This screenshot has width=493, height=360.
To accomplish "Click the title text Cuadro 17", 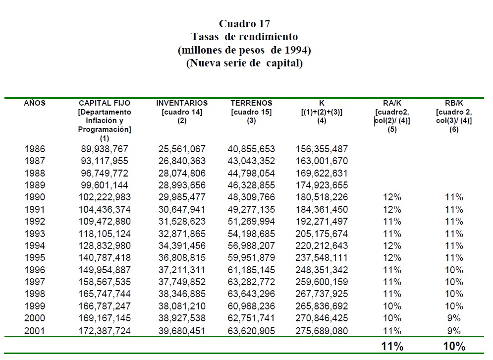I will [x=244, y=24].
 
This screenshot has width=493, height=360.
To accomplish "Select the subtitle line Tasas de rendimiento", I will [x=244, y=37].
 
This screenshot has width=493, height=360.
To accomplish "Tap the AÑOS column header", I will [x=35, y=103].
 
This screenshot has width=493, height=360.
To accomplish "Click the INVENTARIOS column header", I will [x=182, y=103].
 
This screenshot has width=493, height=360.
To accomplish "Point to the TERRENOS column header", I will [x=251, y=103].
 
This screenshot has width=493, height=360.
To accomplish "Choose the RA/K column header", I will [x=392, y=103].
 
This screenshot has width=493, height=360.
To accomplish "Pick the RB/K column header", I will [x=453, y=103].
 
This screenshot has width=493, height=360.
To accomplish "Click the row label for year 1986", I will [x=35, y=149].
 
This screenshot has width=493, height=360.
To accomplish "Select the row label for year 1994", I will [x=35, y=246].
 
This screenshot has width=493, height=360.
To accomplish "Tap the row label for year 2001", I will [x=35, y=331].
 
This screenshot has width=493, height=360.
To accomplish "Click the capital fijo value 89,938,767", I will [x=105, y=149].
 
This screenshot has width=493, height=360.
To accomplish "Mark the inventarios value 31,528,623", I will [x=182, y=222].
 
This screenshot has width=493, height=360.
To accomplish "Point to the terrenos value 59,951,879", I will [x=252, y=258].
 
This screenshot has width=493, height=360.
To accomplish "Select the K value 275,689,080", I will [x=322, y=331].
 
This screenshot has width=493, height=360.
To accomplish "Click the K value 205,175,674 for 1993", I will [x=322, y=234].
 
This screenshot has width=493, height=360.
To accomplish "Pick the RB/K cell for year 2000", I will [x=454, y=318].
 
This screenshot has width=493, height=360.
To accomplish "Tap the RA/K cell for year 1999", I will [x=392, y=306].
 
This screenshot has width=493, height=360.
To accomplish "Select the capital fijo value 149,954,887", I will [x=105, y=270].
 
